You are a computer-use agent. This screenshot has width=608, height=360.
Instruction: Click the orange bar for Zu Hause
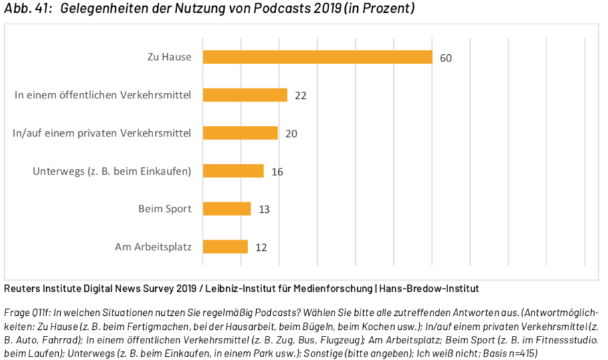click(318, 57)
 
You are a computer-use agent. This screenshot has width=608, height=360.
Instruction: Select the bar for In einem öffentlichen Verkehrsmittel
click(245, 95)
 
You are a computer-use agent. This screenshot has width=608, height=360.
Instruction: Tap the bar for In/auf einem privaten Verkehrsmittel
click(240, 133)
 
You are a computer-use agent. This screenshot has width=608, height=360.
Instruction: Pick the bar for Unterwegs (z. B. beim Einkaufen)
click(233, 171)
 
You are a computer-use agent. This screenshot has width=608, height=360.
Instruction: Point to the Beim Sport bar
click(227, 209)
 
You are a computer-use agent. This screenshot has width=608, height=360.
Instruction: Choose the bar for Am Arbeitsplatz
click(225, 247)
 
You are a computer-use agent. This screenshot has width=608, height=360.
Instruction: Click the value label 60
click(446, 58)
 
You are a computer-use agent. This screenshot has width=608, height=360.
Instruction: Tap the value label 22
click(300, 96)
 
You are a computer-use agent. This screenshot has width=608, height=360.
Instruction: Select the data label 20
click(291, 134)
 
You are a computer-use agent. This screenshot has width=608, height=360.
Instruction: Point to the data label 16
click(278, 172)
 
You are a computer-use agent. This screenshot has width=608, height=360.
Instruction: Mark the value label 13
click(264, 209)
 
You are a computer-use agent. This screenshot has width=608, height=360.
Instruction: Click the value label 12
click(261, 248)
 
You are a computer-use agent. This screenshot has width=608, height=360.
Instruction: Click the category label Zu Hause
click(169, 57)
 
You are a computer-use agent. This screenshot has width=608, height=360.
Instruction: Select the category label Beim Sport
click(165, 209)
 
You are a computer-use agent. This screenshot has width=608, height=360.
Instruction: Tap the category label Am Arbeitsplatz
click(153, 247)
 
